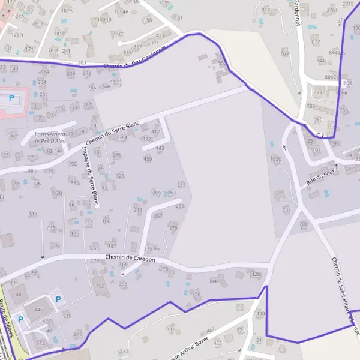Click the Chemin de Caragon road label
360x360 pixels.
[x=130, y=258]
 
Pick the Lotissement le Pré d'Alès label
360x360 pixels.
[x=50, y=137]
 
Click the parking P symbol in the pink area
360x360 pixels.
[x=10, y=97]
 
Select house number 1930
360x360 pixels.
[x=275, y=159]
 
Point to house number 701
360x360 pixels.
[x=286, y=210]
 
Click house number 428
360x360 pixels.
[x=256, y=274]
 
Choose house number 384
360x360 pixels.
[x=212, y=281]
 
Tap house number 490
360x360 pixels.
[x=260, y=314]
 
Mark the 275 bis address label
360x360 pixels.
[x=152, y=248]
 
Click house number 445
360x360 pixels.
[x=39, y=310]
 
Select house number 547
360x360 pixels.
[x=122, y=351]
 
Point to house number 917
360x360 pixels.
[x=266, y=10]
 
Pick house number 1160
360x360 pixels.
[x=119, y=34]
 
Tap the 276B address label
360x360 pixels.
[x=116, y=80]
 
